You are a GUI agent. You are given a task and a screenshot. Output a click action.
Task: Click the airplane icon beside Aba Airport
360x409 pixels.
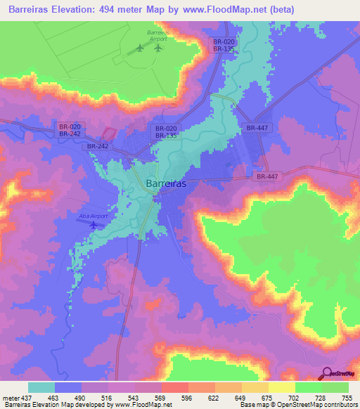click(x=94, y=224)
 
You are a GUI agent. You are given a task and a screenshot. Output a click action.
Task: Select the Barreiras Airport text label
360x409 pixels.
click(x=157, y=35)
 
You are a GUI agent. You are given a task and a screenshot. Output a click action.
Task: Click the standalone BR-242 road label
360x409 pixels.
click(x=97, y=146)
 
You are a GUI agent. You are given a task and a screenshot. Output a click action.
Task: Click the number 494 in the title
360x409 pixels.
click(x=121, y=9)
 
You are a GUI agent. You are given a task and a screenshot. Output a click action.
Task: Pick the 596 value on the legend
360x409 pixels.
click(x=186, y=397)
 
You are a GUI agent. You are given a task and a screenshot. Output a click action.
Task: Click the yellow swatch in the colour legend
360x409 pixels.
click(x=281, y=387)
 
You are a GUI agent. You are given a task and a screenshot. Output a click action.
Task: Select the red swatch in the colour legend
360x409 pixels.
click(x=174, y=387)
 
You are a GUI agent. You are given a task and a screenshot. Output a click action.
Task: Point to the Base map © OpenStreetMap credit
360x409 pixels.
click(x=278, y=405)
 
